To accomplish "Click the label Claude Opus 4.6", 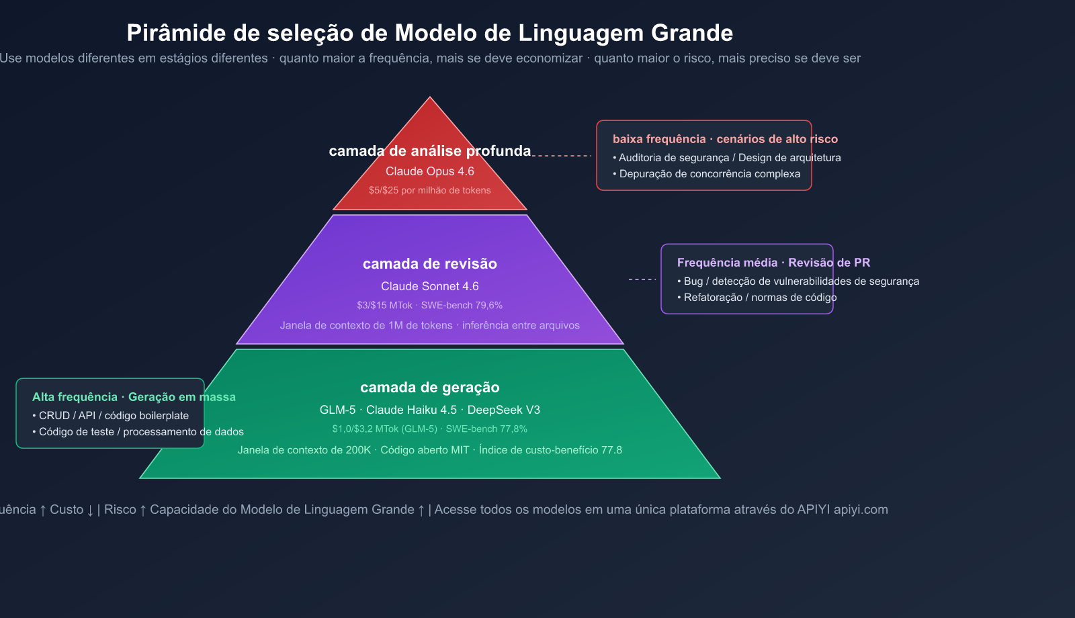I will click(x=430, y=171).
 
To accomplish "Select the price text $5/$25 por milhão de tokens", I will click(x=430, y=190).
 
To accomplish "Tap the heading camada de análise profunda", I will click(x=430, y=151).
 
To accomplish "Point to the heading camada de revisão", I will click(x=430, y=264).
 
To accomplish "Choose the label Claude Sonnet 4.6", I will click(x=430, y=286).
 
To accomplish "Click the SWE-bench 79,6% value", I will click(x=462, y=305).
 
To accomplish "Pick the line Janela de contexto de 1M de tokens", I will click(x=366, y=325).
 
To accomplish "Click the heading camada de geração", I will click(x=430, y=388).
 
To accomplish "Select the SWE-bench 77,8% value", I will click(x=486, y=429).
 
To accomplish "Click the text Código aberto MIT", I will click(x=425, y=450).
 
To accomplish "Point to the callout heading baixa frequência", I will click(x=659, y=139).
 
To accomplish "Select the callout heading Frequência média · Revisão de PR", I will click(x=773, y=263).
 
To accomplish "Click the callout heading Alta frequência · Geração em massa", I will click(x=134, y=397).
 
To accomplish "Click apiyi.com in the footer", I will click(x=861, y=510).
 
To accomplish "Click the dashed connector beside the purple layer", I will click(x=642, y=279).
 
